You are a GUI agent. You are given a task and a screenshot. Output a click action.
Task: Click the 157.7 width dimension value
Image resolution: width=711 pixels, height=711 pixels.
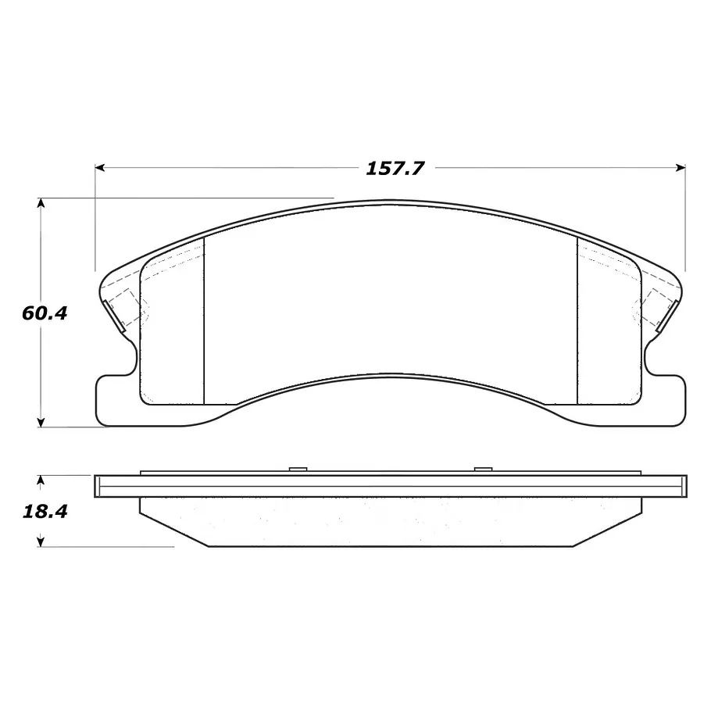point(395,169)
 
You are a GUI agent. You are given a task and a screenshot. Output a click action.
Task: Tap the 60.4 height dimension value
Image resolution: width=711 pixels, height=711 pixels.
point(45,313)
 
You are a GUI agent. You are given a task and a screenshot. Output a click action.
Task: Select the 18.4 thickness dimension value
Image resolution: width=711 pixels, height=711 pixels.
point(45,512)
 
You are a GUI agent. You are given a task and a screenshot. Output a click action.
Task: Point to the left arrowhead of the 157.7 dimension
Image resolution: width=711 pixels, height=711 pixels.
point(100,168)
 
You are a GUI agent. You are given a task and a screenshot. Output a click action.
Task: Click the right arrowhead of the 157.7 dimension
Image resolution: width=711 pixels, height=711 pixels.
point(681,168)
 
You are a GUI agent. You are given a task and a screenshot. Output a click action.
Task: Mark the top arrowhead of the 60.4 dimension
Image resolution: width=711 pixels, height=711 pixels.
point(41,203)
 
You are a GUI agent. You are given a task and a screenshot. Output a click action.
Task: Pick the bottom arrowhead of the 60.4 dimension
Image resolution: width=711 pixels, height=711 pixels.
point(41,422)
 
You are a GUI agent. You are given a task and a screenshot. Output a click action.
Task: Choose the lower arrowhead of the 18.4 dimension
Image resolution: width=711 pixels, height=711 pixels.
point(41,541)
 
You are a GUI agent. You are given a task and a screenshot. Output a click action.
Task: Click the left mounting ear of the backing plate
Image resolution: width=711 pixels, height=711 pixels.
point(116,399)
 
